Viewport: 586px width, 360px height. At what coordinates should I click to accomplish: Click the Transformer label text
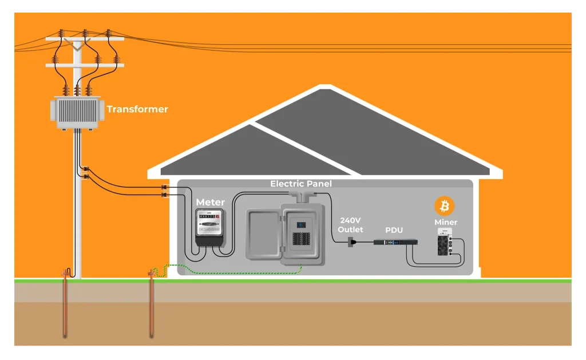[x=137, y=109]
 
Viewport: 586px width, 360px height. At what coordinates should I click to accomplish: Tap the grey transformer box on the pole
[x=80, y=112]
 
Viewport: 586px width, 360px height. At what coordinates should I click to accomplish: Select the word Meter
[x=210, y=202]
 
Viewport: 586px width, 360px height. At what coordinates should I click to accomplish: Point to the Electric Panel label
[x=301, y=184]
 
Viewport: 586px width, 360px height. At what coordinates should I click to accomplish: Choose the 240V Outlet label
[x=350, y=224]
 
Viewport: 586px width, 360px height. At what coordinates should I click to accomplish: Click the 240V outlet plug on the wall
[x=351, y=243]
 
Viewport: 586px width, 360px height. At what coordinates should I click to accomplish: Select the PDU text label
[x=394, y=230]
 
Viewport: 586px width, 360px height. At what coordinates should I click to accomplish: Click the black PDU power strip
[x=395, y=242]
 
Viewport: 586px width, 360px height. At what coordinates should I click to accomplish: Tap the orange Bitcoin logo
[x=444, y=206]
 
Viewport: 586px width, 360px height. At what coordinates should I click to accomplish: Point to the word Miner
[x=446, y=222]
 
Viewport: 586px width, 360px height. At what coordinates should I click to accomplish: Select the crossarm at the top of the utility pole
[x=85, y=39]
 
